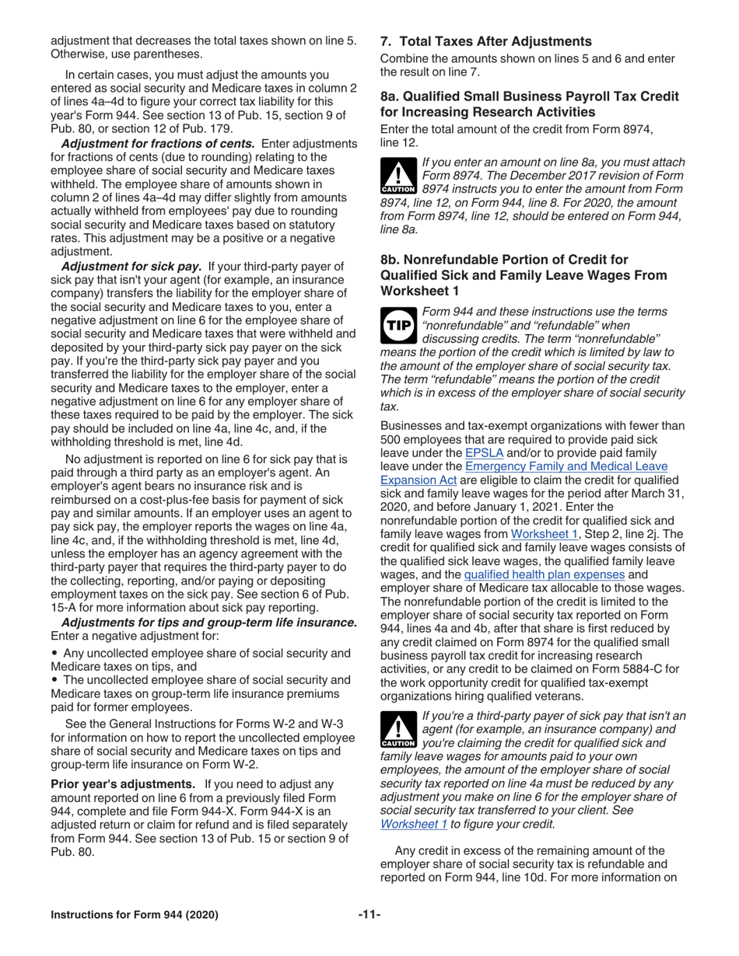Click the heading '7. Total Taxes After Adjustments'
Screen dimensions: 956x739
[x=485, y=41]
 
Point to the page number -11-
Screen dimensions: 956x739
[x=369, y=914]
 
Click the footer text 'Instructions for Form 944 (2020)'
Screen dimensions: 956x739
[x=135, y=915]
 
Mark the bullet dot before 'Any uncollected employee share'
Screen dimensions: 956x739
[x=54, y=654]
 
